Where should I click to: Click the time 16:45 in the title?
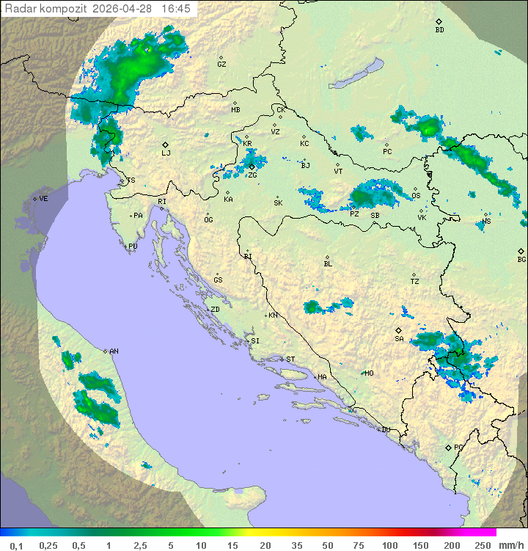tap(176, 8)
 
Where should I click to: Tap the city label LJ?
tap(166, 153)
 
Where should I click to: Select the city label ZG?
tap(252, 175)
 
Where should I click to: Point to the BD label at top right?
tap(439, 30)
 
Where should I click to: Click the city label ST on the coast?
tap(290, 359)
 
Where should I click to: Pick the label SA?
tap(399, 338)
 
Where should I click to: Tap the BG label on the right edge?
tap(521, 259)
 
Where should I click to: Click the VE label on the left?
tap(43, 198)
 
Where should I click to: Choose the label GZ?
tap(221, 64)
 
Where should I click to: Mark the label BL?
tap(328, 263)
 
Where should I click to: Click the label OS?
tap(416, 195)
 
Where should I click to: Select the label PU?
tap(133, 247)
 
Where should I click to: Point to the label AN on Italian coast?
tap(114, 351)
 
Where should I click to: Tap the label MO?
tap(369, 373)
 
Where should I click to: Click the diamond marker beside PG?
tap(448, 447)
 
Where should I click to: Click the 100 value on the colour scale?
tap(389, 545)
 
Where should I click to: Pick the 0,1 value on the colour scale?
tap(16, 545)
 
